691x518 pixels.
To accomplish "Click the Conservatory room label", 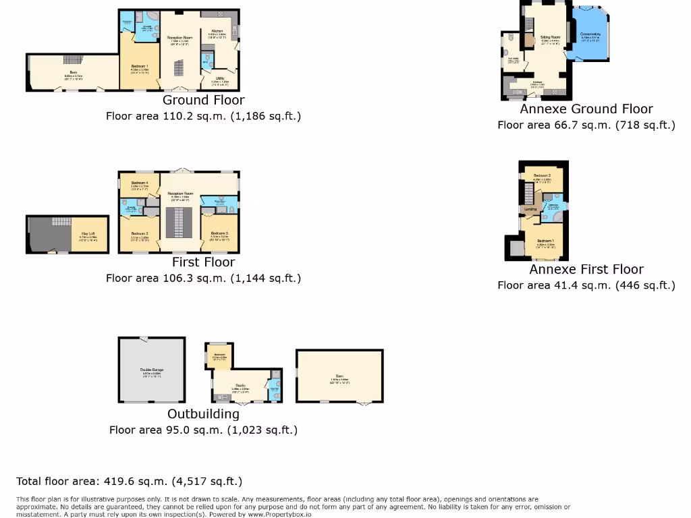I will tap(590, 34).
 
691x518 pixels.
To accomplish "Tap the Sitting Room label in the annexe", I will tap(550, 38).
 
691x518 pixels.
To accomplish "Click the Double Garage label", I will tap(152, 370).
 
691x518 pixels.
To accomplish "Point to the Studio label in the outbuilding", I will tap(241, 386).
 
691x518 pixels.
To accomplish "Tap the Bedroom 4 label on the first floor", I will tap(139, 183).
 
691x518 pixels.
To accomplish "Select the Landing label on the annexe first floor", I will tap(531, 209).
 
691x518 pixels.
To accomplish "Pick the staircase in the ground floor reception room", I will tap(179, 68).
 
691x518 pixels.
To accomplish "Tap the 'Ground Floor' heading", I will tap(203, 100).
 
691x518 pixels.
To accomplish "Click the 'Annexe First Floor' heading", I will tap(586, 270).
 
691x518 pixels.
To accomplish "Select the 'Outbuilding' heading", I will tap(203, 414).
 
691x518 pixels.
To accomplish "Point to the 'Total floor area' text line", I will tap(129, 482).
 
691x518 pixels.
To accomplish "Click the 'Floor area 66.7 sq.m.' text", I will tap(586, 125).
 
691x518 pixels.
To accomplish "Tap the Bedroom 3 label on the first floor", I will tap(219, 233).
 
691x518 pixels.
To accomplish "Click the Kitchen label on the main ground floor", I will tap(217, 32).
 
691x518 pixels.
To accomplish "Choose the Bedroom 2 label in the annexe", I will tap(543, 176).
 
